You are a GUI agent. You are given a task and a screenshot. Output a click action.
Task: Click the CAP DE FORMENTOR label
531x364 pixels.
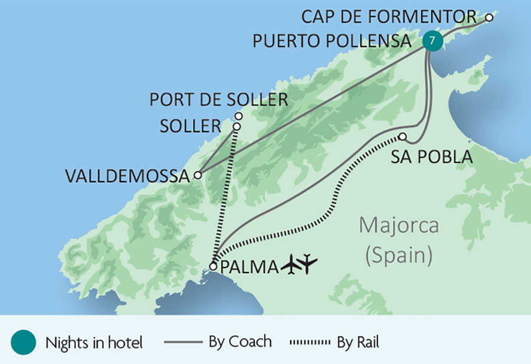[x=388, y=16]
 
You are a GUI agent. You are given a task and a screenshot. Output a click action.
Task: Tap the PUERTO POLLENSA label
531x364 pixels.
[x=332, y=41]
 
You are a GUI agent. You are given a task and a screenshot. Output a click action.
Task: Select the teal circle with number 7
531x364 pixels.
[x=432, y=41]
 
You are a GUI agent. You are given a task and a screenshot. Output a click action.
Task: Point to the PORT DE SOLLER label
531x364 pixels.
[x=218, y=99]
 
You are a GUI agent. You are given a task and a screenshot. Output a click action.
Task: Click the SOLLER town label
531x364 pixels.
[x=190, y=126]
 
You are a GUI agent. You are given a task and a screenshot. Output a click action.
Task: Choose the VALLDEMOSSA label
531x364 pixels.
[x=127, y=175]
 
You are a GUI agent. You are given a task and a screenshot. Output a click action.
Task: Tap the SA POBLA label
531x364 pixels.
[x=432, y=158]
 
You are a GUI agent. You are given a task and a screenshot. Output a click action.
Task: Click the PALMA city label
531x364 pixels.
[x=248, y=267]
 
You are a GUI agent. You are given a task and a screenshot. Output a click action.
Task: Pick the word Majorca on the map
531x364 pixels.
[x=399, y=226]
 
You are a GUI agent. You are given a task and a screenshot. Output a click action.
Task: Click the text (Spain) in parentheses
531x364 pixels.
[x=399, y=255]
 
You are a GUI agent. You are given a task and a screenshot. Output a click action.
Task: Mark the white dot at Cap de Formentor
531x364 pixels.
[x=489, y=17]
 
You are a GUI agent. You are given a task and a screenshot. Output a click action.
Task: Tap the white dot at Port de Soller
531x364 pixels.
[x=239, y=116]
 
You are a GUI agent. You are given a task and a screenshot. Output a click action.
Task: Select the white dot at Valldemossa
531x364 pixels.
[x=198, y=175]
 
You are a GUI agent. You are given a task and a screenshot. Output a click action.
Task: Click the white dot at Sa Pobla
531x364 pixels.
[x=402, y=137]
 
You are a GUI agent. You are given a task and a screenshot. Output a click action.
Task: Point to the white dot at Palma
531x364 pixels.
[x=213, y=267]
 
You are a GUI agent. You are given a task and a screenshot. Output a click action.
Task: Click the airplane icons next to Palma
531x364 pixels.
[x=300, y=265]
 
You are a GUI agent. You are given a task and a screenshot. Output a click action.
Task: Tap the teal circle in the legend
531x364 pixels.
[x=24, y=342]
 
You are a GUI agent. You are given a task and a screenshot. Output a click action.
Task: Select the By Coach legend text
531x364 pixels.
[x=240, y=342]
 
